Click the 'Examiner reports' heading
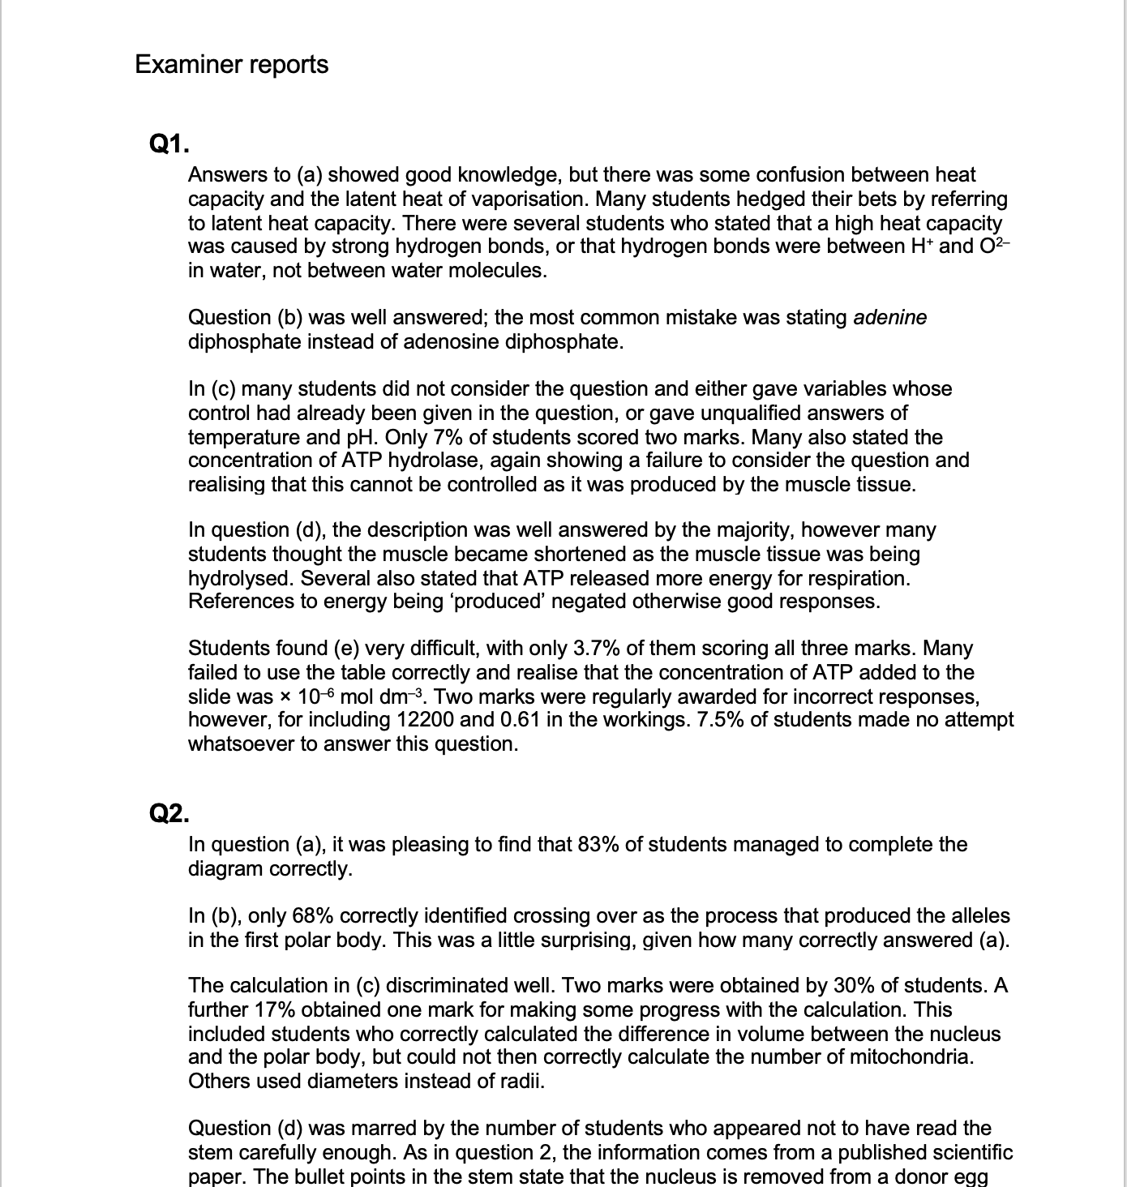point(232,64)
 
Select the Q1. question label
point(170,144)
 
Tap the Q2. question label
point(170,813)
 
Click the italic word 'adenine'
point(890,317)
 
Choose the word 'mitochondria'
point(908,1058)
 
